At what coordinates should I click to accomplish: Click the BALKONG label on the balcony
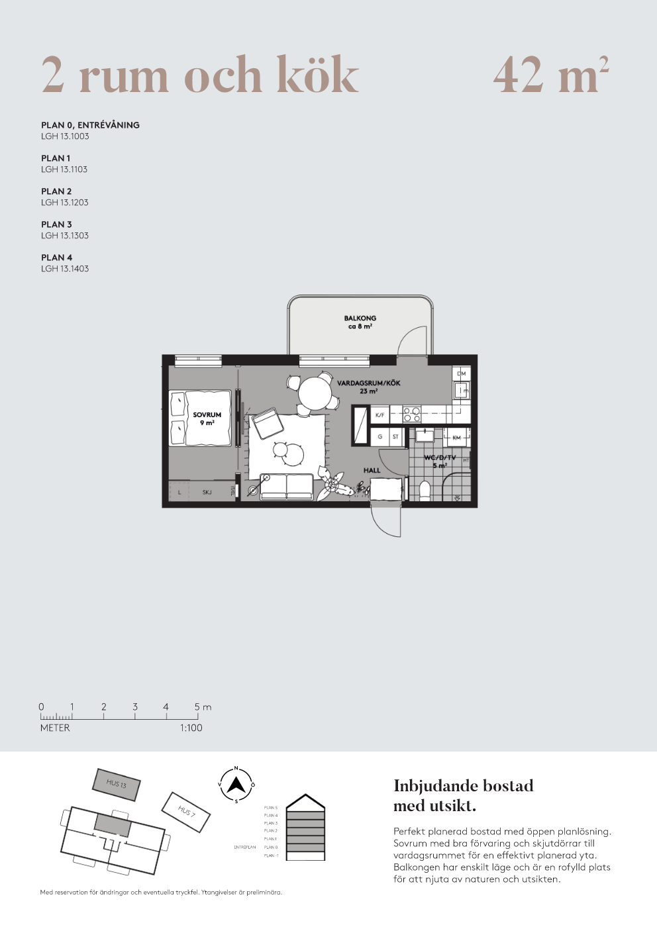tap(360, 318)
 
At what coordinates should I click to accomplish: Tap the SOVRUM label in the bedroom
tap(207, 415)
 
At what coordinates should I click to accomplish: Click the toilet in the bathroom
tap(425, 491)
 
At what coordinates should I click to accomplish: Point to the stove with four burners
tap(412, 415)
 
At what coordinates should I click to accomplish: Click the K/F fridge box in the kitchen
tap(379, 415)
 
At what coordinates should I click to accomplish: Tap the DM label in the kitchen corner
tap(461, 374)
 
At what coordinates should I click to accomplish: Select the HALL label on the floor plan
tap(372, 471)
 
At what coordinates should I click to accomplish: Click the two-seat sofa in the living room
tap(287, 487)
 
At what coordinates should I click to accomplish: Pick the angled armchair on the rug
tap(267, 423)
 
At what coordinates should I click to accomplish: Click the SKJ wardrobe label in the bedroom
tap(207, 492)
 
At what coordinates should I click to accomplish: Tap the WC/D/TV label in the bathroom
tap(440, 458)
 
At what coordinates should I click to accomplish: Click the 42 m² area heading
tap(550, 75)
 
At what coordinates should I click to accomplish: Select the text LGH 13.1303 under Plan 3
tap(65, 236)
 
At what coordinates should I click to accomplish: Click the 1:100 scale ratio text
tap(191, 728)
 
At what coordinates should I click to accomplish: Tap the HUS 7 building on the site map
tap(186, 811)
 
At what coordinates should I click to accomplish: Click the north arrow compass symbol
tap(236, 785)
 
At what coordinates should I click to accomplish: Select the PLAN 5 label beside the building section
tap(271, 808)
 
